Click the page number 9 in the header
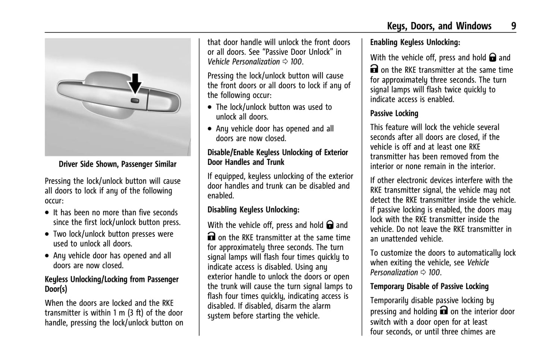click(513, 26)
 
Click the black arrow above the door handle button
click(135, 83)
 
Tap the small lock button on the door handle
click(135, 100)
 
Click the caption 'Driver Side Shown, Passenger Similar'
click(117, 164)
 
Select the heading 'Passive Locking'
click(394, 113)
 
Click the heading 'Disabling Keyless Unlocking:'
click(253, 210)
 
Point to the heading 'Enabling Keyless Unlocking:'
click(415, 43)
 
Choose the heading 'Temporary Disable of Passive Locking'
click(429, 287)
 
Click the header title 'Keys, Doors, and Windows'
click(439, 26)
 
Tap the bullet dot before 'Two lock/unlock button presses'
click(47, 235)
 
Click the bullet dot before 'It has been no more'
click(47, 213)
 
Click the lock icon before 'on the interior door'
click(444, 310)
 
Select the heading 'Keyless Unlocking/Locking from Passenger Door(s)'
click(112, 284)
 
